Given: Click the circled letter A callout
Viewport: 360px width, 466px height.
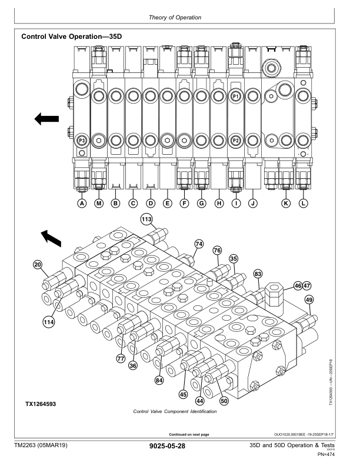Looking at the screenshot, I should [82, 204].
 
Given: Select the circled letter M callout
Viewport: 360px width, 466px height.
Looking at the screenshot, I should [99, 204].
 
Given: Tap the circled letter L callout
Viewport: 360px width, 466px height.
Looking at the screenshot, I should [304, 204].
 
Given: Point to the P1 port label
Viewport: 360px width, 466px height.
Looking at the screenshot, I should [235, 95].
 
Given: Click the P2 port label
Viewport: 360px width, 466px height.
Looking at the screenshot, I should [235, 141].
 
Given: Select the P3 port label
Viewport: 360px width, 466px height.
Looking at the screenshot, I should [82, 141].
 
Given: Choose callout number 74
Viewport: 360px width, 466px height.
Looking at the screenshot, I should [199, 243].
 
